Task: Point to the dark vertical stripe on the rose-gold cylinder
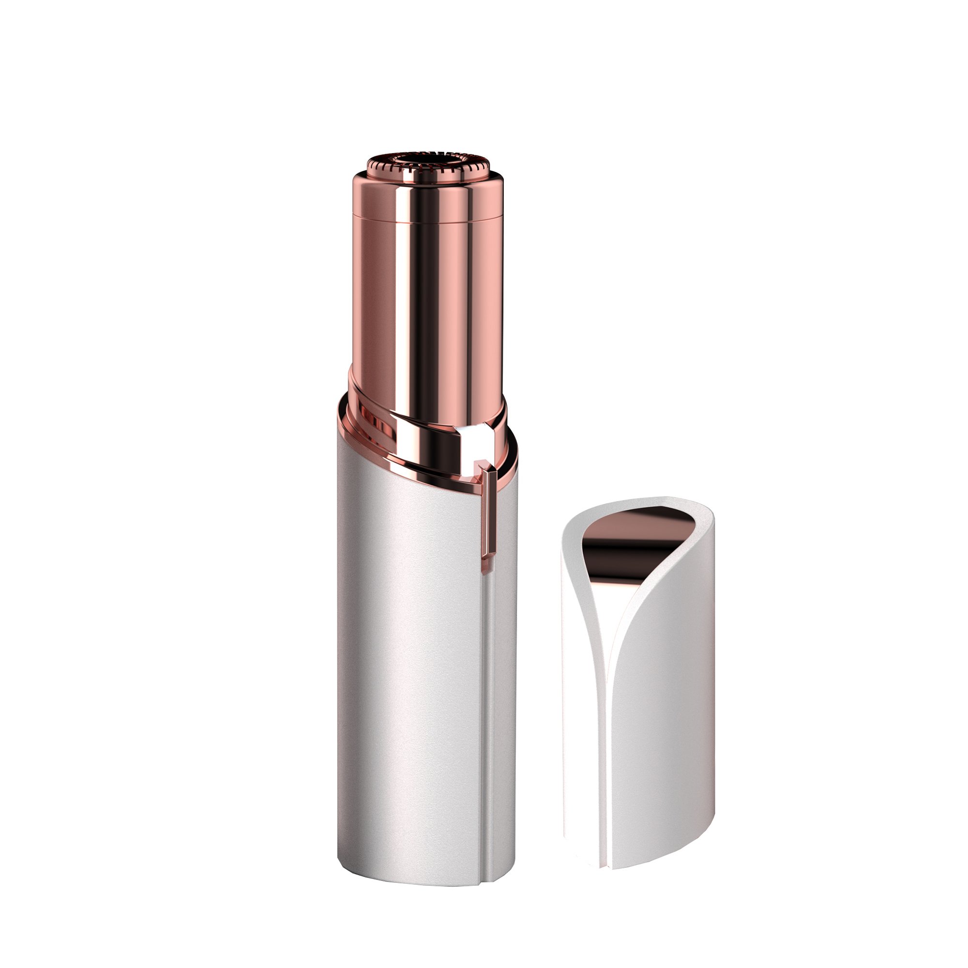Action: coord(426,301)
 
